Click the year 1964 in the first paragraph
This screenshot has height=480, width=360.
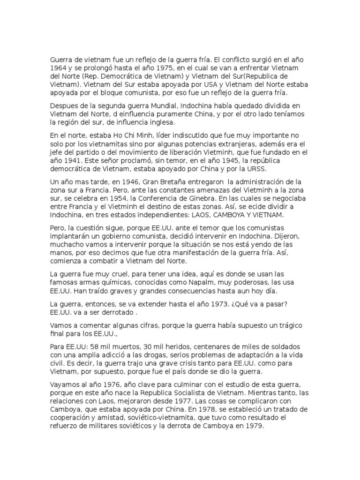60,68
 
